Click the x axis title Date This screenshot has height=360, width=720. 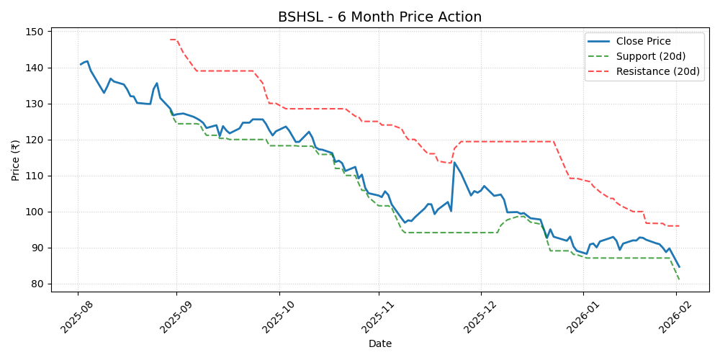pos(379,344)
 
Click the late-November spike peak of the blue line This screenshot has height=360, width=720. pos(454,162)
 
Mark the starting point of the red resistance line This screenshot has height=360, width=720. pos(170,40)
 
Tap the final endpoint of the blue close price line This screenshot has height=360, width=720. pos(679,267)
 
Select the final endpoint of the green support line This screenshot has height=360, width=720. pos(679,280)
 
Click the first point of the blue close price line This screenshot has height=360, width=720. pos(81,64)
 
